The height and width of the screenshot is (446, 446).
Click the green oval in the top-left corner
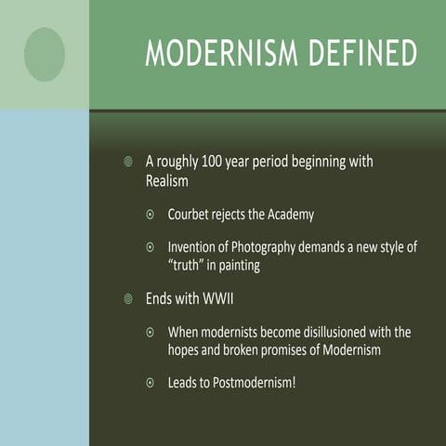click(x=45, y=54)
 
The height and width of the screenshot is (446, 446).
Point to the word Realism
click(x=168, y=180)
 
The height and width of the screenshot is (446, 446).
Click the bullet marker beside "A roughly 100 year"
click(x=129, y=163)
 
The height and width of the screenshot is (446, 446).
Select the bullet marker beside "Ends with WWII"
click(x=129, y=299)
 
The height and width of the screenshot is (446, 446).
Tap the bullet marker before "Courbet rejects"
click(x=151, y=215)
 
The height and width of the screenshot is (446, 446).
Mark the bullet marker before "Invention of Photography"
click(x=151, y=248)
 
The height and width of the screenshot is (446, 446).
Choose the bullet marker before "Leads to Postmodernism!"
click(x=151, y=382)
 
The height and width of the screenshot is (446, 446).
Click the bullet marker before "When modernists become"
click(x=151, y=332)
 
